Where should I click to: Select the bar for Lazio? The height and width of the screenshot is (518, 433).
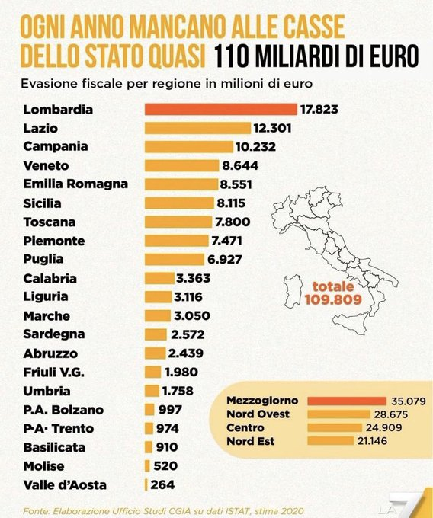pos(197,128)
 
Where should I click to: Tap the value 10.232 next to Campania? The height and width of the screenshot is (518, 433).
pos(255,146)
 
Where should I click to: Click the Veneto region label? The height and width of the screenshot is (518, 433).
pos(47,165)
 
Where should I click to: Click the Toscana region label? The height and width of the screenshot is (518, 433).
pos(50,221)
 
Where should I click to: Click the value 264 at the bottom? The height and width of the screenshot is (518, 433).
pos(162,484)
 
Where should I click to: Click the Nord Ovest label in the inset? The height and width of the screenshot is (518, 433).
pos(258,414)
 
